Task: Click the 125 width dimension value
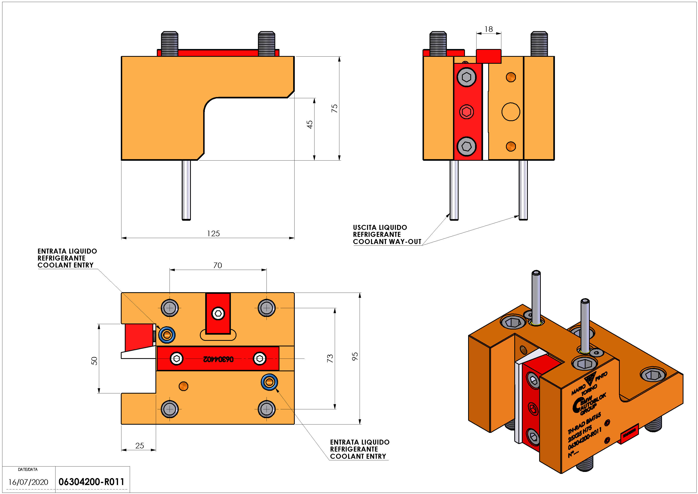pos(213,234)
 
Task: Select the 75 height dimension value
pos(334,108)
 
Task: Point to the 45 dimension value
pos(309,124)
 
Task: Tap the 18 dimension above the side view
pos(489,29)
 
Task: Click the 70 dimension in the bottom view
pos(218,265)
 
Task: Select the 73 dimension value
pos(330,358)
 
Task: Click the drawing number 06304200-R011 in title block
pos(91,482)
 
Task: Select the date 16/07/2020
pos(28,482)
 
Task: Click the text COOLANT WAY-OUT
pos(387,242)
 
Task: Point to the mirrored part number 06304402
pos(218,359)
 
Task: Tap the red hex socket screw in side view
pos(466,112)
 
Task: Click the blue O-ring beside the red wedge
pos(167,335)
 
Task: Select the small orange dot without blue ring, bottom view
pos(183,386)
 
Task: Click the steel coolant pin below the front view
pos(186,190)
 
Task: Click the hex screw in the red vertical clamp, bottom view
pos(218,313)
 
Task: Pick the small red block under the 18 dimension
pos(489,56)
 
